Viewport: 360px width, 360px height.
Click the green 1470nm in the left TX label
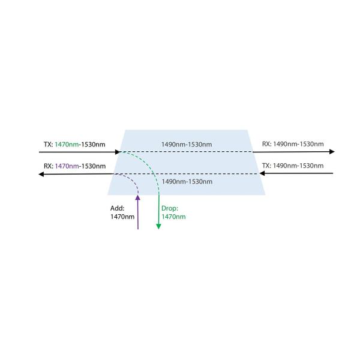click(x=67, y=144)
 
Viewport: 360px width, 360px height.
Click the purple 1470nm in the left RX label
click(x=67, y=166)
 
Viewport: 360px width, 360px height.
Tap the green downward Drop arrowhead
click(x=158, y=226)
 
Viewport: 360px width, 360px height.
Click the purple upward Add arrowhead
click(x=138, y=198)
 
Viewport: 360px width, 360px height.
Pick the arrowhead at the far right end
click(x=332, y=152)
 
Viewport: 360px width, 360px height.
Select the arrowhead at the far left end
click(x=41, y=174)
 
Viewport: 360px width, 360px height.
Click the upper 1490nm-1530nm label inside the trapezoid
click(x=187, y=145)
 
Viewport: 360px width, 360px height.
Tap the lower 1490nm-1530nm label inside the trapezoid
click(x=187, y=181)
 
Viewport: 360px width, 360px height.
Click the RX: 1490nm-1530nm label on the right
click(x=293, y=144)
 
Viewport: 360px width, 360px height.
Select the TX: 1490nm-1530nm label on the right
click(x=293, y=166)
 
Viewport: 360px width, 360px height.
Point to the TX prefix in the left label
click(x=47, y=144)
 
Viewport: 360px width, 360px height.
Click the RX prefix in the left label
click(x=48, y=166)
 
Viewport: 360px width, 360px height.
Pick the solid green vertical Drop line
click(x=158, y=210)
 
